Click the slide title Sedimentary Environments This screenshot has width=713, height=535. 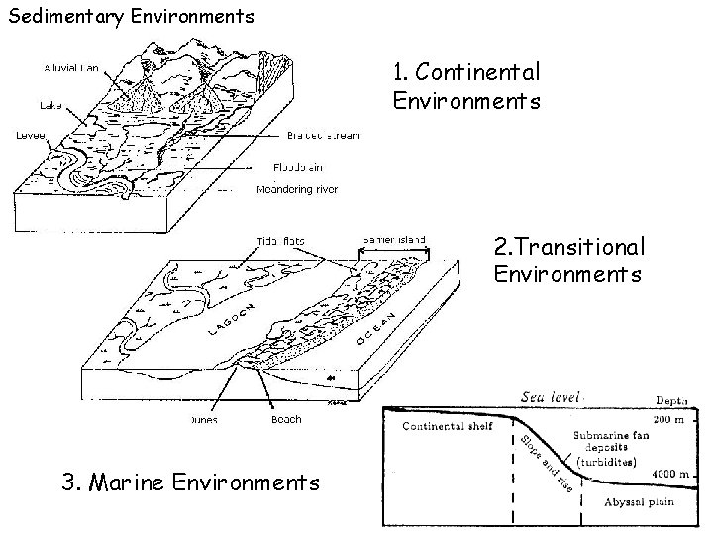coord(131,16)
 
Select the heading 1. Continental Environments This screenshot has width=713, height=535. coord(465,86)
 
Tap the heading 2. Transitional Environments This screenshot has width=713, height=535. coord(568,258)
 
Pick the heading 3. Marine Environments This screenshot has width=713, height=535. coord(191,482)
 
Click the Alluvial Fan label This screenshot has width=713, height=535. coord(75,68)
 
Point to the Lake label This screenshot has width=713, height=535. coord(51,103)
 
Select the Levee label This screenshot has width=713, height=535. coord(31,136)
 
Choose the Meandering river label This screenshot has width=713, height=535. coord(297,189)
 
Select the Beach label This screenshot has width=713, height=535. coord(286,419)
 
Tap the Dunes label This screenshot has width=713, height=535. coord(205,419)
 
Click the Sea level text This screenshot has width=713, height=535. coord(554,396)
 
